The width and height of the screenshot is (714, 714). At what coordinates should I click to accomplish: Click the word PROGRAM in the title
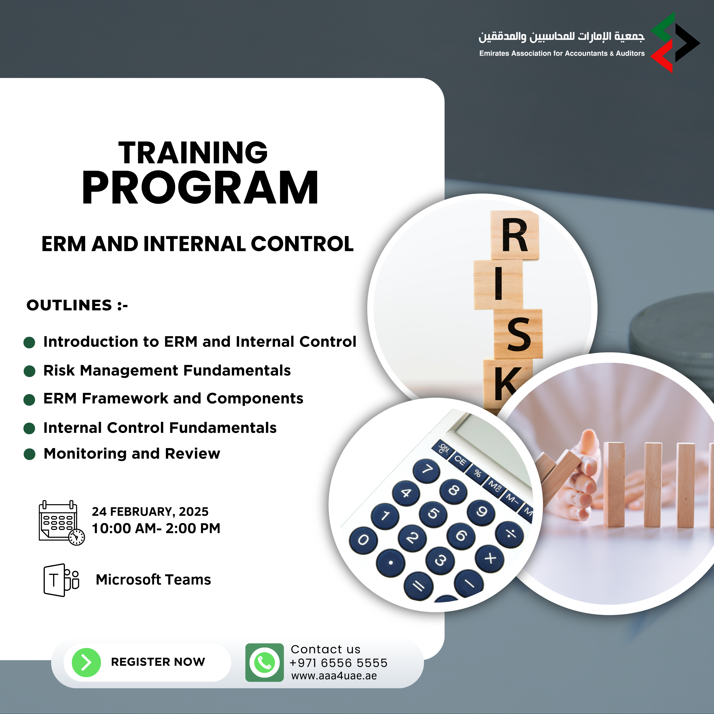(x=200, y=188)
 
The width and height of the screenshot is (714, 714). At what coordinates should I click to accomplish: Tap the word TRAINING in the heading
(x=193, y=152)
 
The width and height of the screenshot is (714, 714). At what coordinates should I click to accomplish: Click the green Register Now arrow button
(x=86, y=662)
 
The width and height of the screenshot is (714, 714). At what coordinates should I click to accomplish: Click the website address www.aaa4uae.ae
(x=334, y=676)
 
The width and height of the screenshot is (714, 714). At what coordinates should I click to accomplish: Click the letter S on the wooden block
(x=519, y=334)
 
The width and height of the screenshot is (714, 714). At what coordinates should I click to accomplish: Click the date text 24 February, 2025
(x=150, y=512)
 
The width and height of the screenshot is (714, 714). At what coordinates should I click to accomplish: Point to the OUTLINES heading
(x=77, y=305)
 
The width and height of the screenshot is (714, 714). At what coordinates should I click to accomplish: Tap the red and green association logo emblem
(x=675, y=43)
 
